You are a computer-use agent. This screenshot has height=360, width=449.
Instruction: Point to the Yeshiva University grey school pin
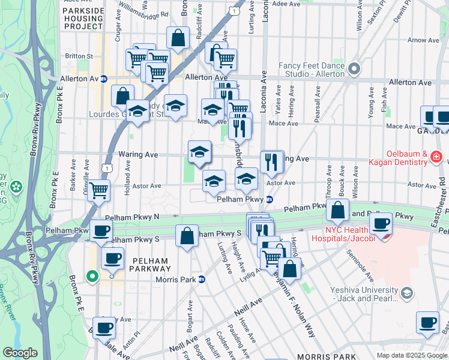pos(407,293)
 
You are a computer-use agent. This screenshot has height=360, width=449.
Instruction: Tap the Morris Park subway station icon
pos(202,279)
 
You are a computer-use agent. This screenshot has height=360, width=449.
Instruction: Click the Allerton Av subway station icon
pos(103,79)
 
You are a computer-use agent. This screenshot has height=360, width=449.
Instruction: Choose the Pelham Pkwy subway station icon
pos(270,199)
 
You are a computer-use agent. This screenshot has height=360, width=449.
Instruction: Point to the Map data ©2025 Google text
pos(411,355)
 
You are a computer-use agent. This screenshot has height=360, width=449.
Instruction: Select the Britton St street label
pos(78,56)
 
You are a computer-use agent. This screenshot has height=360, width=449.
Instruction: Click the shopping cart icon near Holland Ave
pos(98,191)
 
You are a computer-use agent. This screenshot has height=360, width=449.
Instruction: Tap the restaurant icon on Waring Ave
pos(272,161)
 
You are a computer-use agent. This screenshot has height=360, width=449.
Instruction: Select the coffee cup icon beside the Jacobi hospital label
pos(380,223)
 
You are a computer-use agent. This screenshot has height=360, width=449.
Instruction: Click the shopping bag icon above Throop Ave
pos(338,210)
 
